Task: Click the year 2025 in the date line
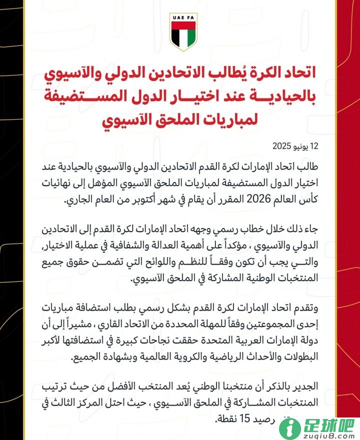(282, 146)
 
